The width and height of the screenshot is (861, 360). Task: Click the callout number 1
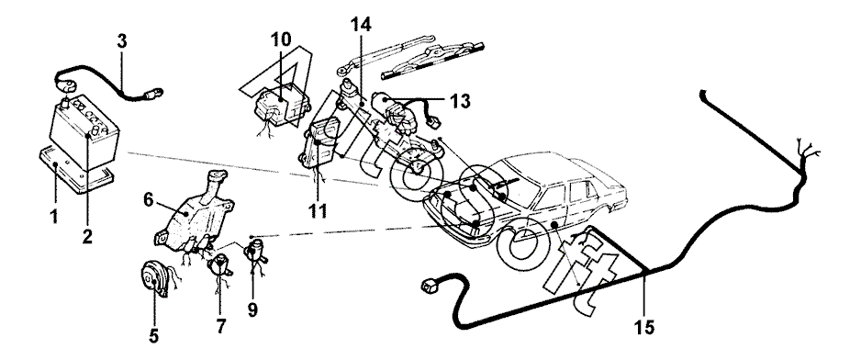point(54,217)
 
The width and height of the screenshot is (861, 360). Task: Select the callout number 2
point(87,236)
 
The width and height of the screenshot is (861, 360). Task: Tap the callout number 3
point(122,41)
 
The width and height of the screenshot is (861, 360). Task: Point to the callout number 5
point(154,336)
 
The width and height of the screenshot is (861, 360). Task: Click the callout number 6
point(149,201)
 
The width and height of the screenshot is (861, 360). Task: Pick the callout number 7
point(220,326)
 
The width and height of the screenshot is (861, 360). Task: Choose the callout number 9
point(252,310)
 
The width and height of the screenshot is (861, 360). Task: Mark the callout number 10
point(281,40)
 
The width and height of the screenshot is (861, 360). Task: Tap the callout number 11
point(318,210)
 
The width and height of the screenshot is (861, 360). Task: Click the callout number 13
point(460,101)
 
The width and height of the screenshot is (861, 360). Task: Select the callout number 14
point(361,25)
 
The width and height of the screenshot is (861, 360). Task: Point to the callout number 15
point(644,328)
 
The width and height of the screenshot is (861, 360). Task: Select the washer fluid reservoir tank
point(194,211)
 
